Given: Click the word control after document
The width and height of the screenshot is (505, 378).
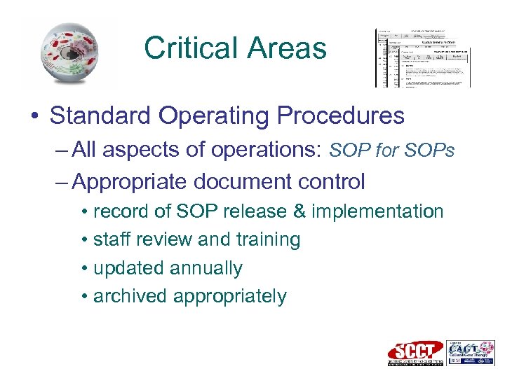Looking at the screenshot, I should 329,182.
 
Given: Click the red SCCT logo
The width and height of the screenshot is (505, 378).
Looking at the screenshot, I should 416,353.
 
